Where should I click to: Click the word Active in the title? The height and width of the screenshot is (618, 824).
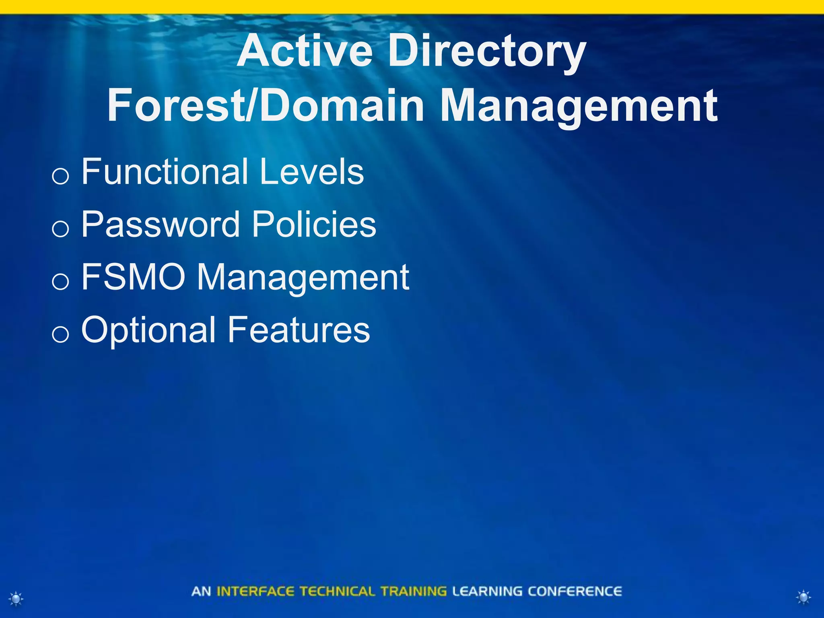(305, 51)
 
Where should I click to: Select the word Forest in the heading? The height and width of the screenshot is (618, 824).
(175, 105)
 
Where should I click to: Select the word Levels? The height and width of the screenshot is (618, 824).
(312, 172)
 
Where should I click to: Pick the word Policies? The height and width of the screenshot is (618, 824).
(314, 224)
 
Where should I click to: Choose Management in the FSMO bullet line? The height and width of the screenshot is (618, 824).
(303, 278)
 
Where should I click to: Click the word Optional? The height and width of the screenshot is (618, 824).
(148, 330)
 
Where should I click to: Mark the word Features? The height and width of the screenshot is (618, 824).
(299, 330)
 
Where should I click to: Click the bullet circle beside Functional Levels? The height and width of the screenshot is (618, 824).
(60, 176)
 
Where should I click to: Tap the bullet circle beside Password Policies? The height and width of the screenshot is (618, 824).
(60, 229)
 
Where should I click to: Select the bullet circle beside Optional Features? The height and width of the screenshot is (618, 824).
(60, 334)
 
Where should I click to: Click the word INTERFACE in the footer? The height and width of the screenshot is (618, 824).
(255, 591)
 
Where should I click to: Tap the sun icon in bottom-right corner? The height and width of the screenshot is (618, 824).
(803, 597)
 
